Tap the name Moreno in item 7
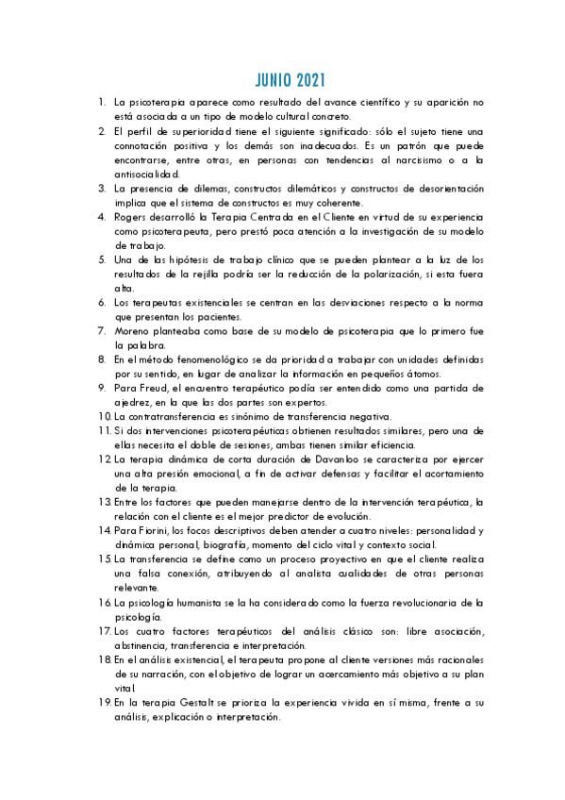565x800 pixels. tap(134, 331)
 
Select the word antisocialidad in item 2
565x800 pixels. tap(146, 174)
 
